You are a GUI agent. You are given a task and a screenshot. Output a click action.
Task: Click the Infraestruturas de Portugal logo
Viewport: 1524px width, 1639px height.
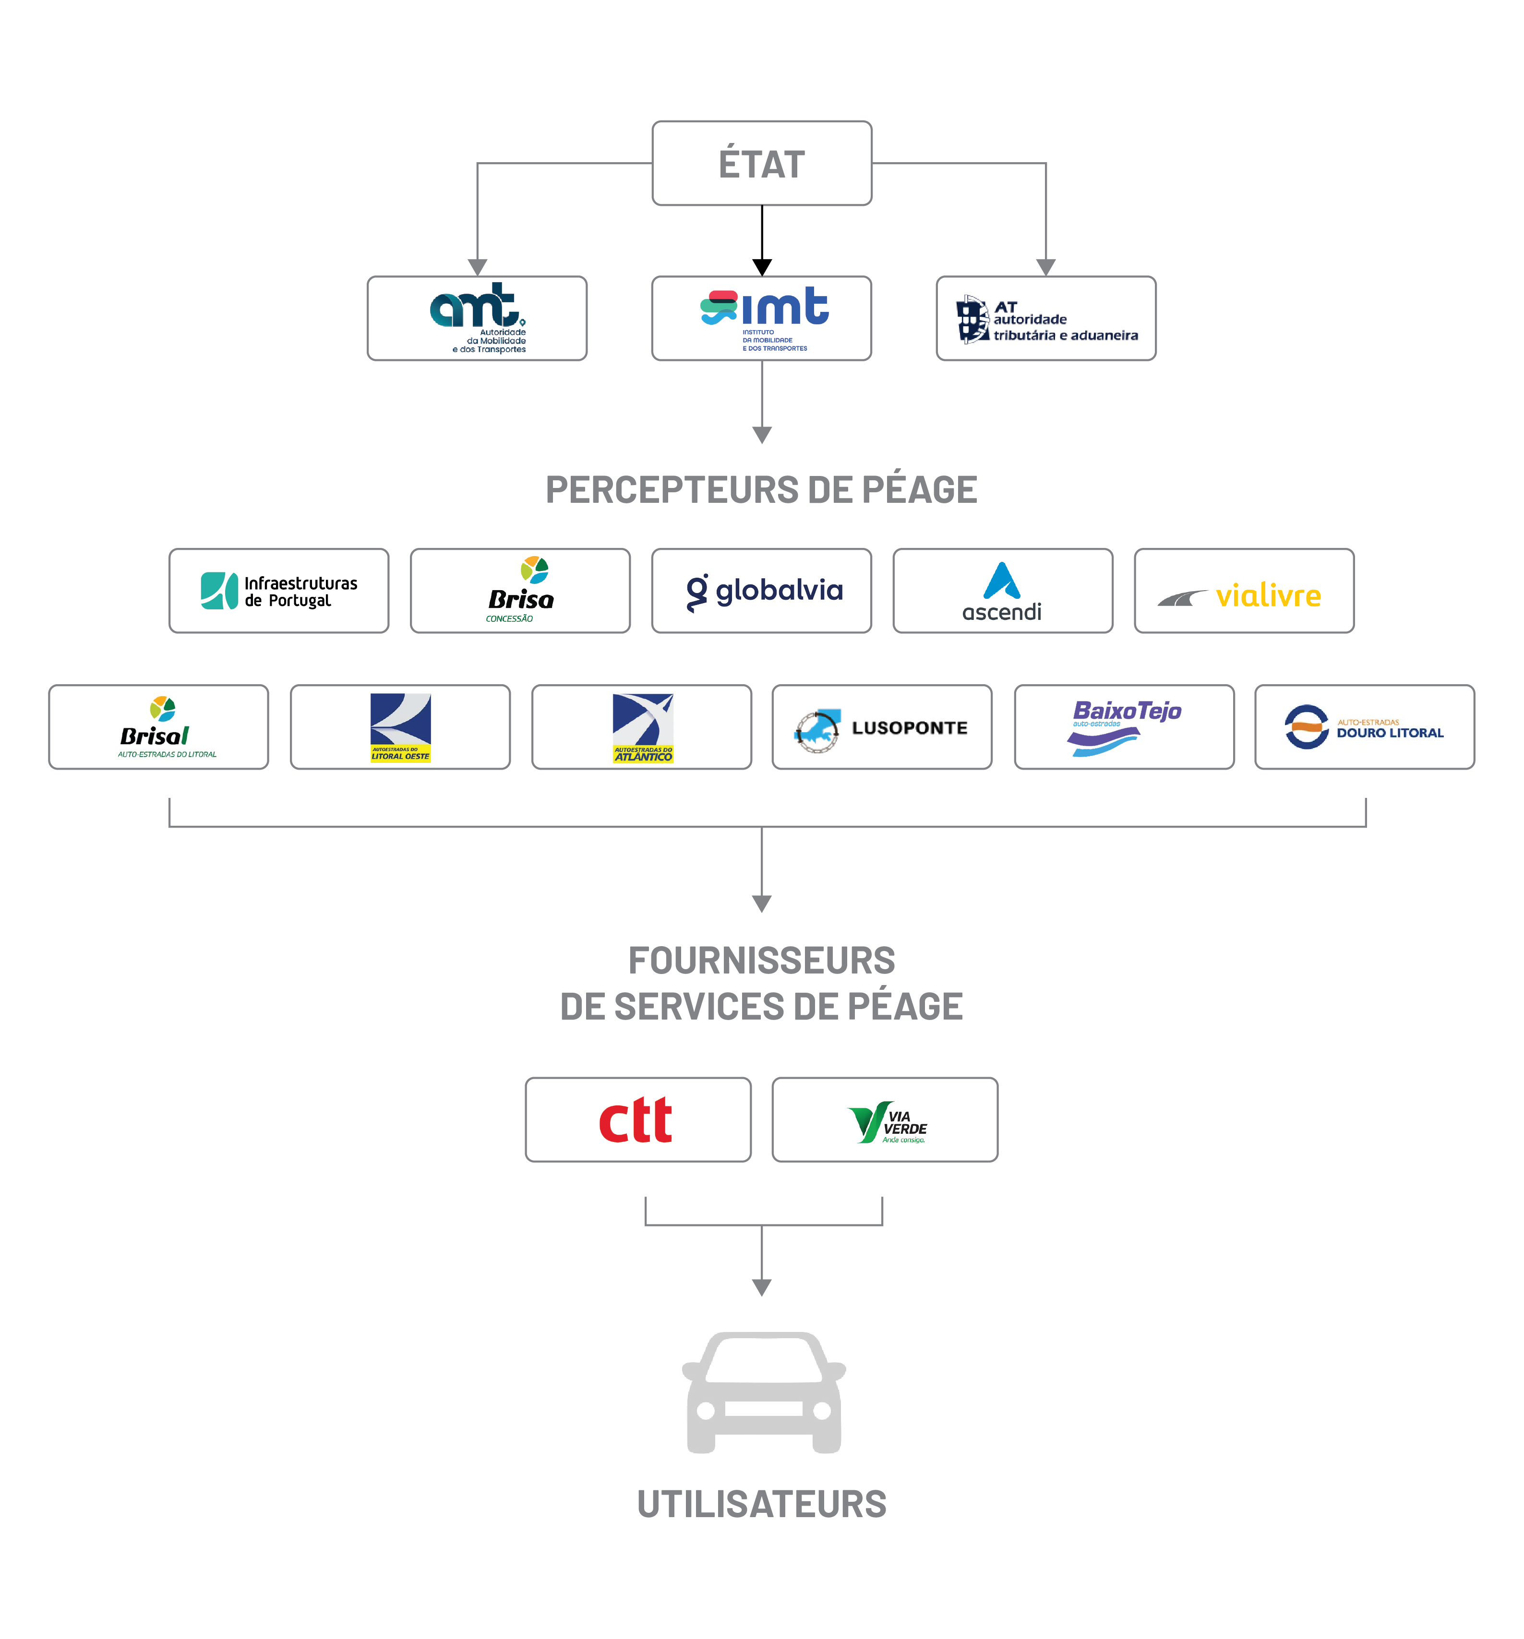[x=279, y=591]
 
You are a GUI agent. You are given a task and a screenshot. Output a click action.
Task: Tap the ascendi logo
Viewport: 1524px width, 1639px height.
[x=1003, y=591]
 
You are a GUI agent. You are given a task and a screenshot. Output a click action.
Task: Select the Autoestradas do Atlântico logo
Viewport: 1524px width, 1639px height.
[x=642, y=727]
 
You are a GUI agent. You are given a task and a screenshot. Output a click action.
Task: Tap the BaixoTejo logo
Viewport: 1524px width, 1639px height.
[x=1124, y=727]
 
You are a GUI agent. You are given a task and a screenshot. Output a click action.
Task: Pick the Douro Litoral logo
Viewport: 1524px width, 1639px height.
[x=1365, y=727]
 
